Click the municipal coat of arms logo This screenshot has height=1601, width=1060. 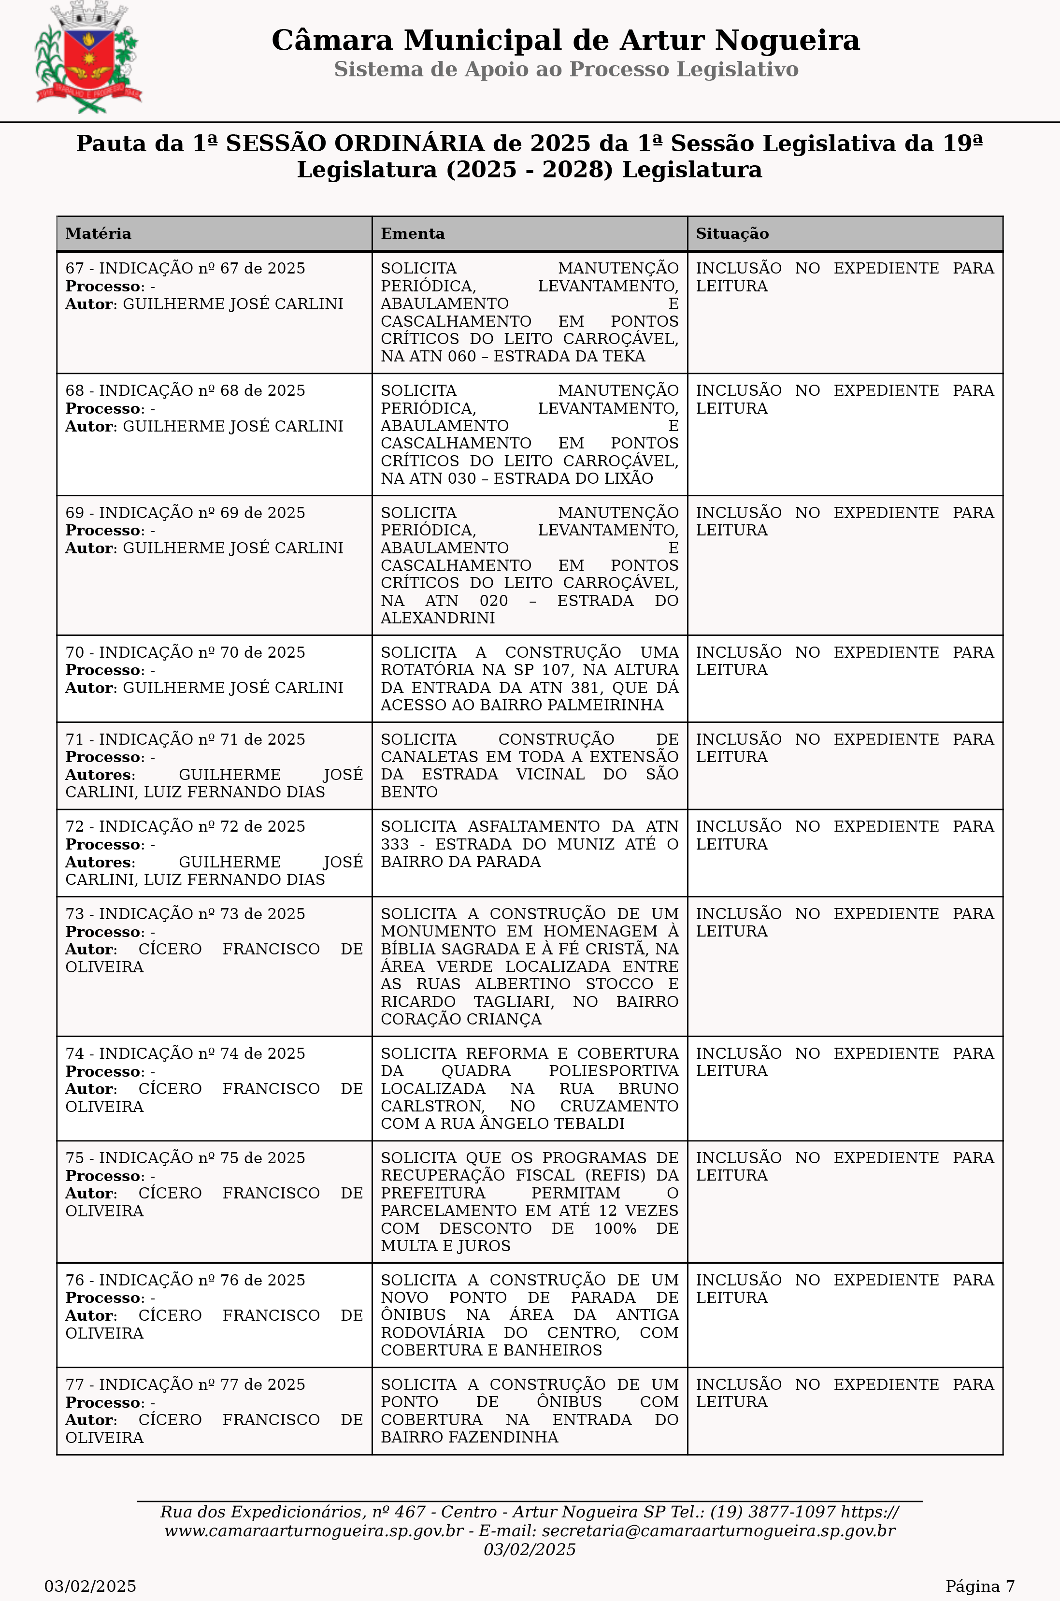pos(88,59)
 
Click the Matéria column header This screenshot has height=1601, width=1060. pos(99,234)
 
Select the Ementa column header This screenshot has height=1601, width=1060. pos(413,234)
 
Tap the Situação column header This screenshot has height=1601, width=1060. pos(732,234)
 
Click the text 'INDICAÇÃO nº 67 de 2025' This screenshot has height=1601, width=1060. pos(202,268)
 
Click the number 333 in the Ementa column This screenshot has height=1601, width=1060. pos(395,844)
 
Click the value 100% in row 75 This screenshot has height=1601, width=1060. pos(615,1228)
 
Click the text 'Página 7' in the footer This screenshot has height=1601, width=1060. pos(979,1586)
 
